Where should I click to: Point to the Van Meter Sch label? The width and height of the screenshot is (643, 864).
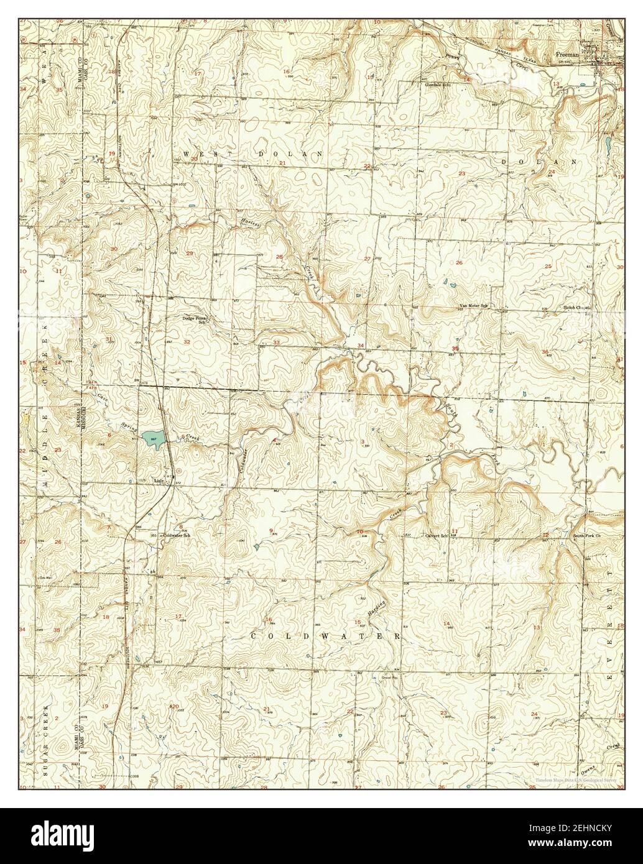point(473,306)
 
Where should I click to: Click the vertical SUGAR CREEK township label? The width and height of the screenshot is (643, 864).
point(46,740)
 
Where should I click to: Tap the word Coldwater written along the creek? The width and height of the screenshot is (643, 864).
point(244,461)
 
